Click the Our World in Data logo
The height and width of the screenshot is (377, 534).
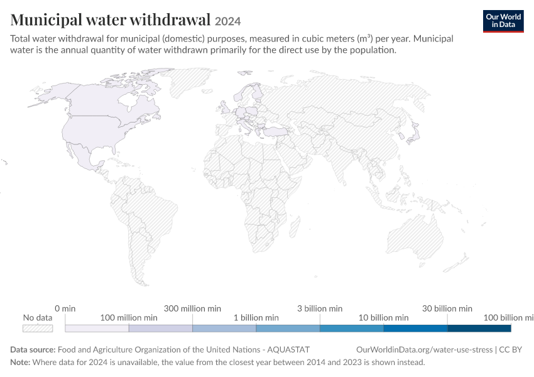pyautogui.click(x=503, y=21)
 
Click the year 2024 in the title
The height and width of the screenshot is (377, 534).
pyautogui.click(x=228, y=21)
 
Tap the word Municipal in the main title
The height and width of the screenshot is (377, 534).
pyautogui.click(x=46, y=19)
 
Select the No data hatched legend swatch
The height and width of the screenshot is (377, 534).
pyautogui.click(x=38, y=328)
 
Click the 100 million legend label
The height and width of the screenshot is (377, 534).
pyautogui.click(x=129, y=318)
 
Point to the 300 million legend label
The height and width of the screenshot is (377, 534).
pyautogui.click(x=192, y=309)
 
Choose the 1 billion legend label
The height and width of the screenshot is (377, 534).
pyautogui.click(x=256, y=318)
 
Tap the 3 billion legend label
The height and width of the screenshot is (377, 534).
pyautogui.click(x=320, y=309)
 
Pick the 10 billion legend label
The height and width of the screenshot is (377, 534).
pyautogui.click(x=383, y=318)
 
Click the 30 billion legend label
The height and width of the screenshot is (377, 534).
pyautogui.click(x=447, y=309)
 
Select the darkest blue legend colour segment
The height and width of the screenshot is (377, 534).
pyautogui.click(x=479, y=328)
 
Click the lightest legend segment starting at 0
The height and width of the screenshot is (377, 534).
pyautogui.click(x=97, y=328)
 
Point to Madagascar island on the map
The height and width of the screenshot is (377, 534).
pyautogui.click(x=295, y=227)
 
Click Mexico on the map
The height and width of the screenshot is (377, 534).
pyautogui.click(x=84, y=156)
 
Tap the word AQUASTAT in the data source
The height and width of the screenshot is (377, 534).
pyautogui.click(x=288, y=350)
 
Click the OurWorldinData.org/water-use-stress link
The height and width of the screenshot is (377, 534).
pyautogui.click(x=424, y=350)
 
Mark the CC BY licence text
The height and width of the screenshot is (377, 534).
pyautogui.click(x=510, y=350)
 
